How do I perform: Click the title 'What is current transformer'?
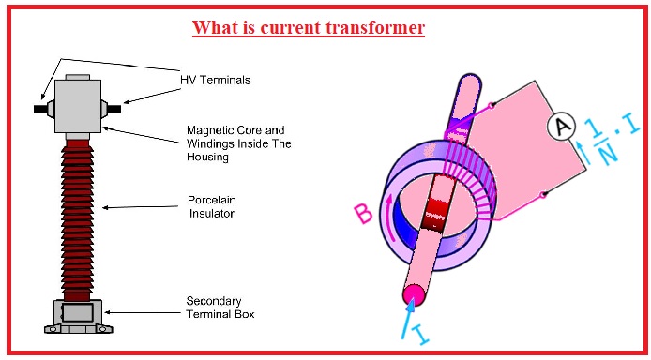click(x=309, y=28)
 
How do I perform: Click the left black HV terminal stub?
click(x=43, y=106)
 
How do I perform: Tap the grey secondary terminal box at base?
click(x=79, y=311)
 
